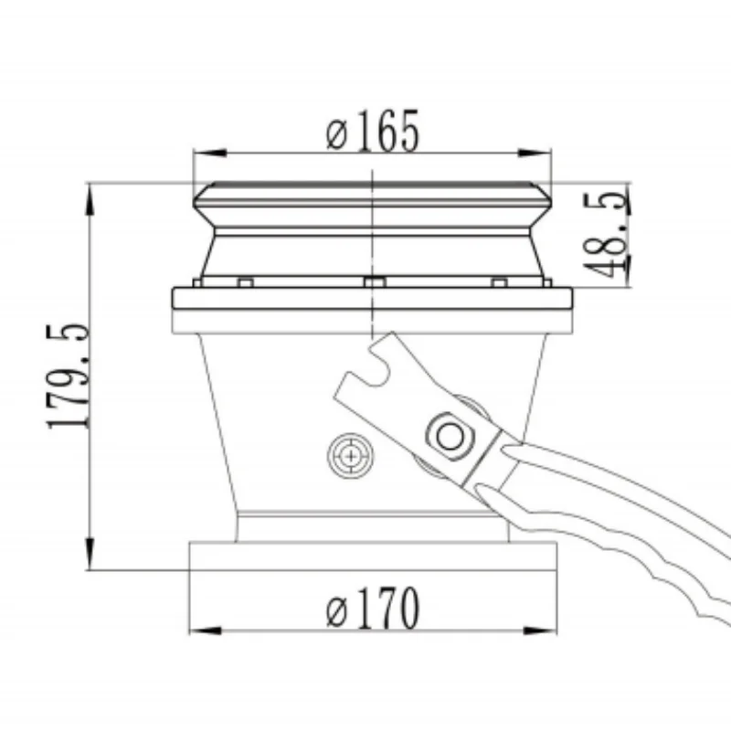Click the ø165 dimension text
click(373, 131)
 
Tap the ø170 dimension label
click(373, 609)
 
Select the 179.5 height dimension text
click(68, 376)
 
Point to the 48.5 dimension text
click(606, 235)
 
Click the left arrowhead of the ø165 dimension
click(210, 153)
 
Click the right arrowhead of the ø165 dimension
click(535, 153)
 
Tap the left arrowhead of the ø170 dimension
click(206, 630)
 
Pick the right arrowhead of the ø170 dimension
click(540, 630)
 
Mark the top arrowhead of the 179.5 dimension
click(90, 199)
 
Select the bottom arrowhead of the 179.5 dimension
click(90, 554)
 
